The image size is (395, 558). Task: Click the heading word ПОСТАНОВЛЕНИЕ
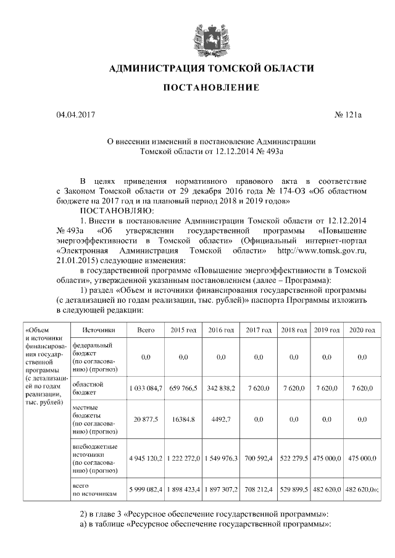coord(210,88)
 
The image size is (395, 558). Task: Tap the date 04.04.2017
coord(76,115)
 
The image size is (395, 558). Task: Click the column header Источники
coord(98,330)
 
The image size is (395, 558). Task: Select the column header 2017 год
coord(259,330)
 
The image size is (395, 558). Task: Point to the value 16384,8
coord(183,419)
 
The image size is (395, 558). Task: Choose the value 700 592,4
coord(259,459)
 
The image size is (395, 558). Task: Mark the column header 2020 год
coord(362,330)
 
